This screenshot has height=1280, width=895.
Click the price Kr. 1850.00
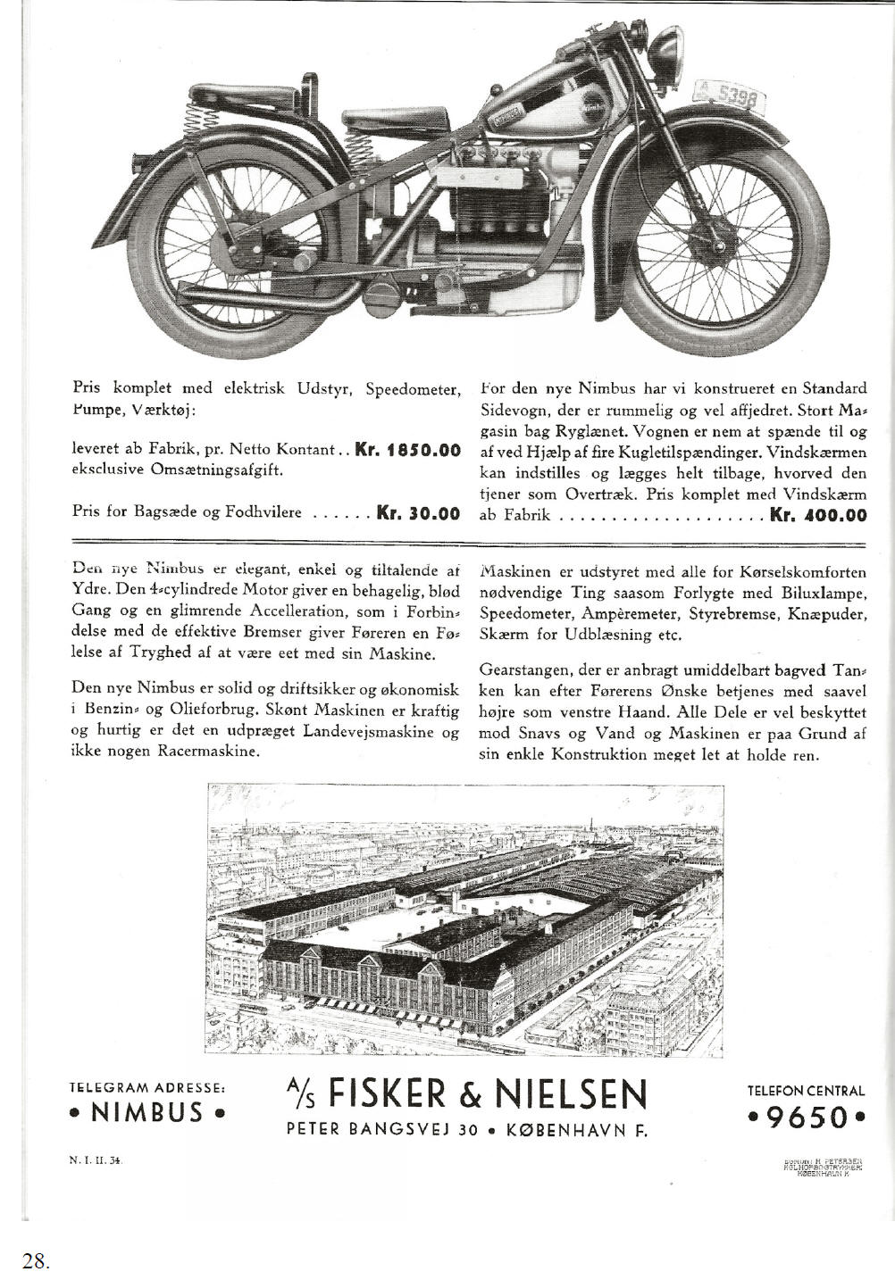coord(407,450)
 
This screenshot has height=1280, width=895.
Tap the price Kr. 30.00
coord(418,513)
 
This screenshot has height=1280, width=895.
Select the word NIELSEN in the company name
coord(572,1093)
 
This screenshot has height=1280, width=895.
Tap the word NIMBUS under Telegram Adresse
coord(147,1114)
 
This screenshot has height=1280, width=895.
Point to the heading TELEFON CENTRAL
coord(806,1091)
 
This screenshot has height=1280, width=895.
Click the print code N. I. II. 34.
coord(96,1161)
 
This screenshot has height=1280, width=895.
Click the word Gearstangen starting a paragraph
coord(521,669)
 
